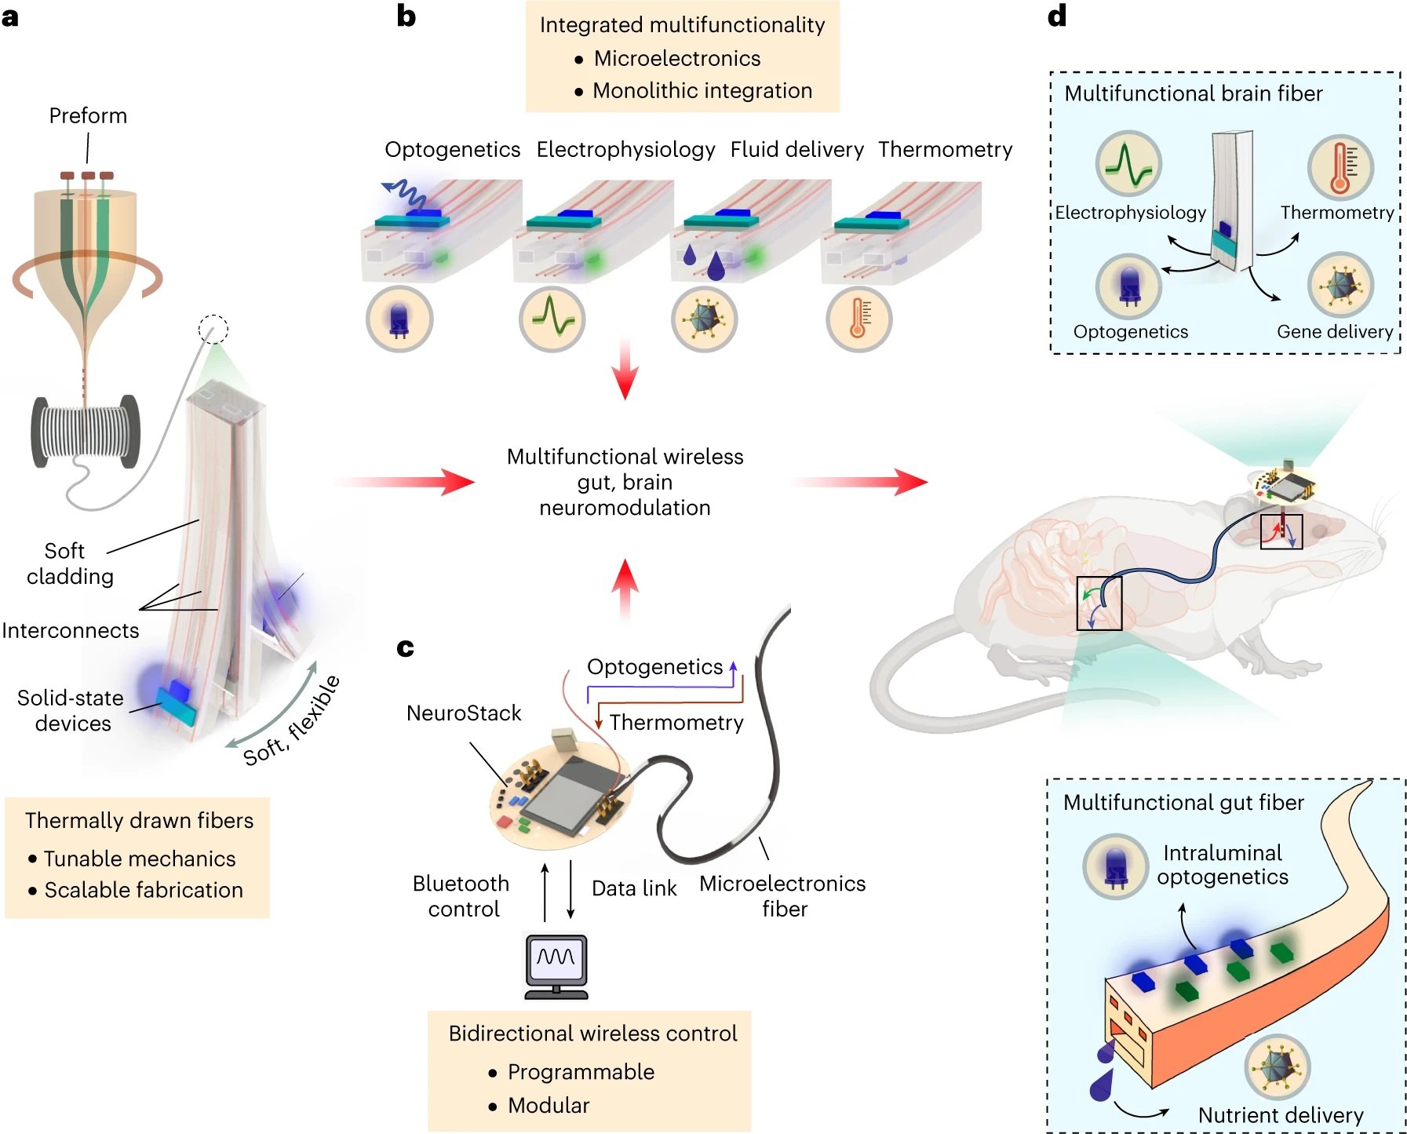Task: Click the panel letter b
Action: click(x=406, y=16)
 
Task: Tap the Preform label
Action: click(x=88, y=115)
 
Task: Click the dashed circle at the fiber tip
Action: click(x=213, y=329)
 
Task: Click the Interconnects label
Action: click(x=70, y=630)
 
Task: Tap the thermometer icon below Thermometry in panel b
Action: click(x=858, y=319)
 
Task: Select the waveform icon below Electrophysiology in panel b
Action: click(x=552, y=319)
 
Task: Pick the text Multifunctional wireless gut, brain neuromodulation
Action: click(x=625, y=481)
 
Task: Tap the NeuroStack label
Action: click(x=464, y=713)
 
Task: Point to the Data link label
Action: click(x=634, y=888)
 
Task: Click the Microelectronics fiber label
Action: click(x=782, y=895)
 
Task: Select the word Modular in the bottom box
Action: click(x=549, y=1105)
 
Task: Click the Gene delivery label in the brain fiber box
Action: click(x=1334, y=331)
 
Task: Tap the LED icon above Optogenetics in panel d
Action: click(x=1128, y=286)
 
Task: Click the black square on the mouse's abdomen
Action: click(x=1099, y=603)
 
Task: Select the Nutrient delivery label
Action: click(x=1280, y=1114)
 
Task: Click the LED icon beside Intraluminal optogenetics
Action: click(x=1115, y=866)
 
